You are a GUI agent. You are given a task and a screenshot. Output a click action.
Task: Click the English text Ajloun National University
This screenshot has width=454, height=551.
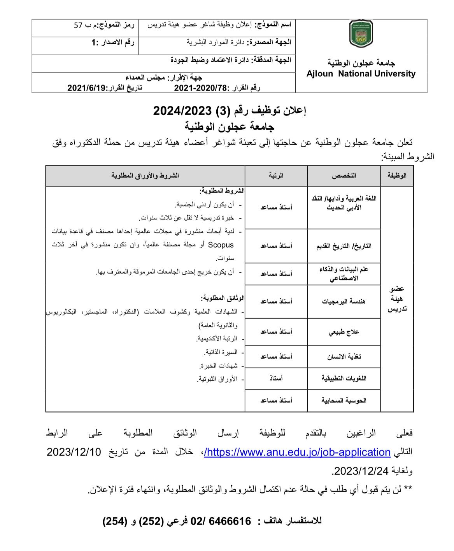point(361,74)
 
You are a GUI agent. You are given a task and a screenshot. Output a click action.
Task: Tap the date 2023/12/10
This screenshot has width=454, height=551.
point(74,452)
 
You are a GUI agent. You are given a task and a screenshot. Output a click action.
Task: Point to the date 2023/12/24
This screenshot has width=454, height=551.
point(361,471)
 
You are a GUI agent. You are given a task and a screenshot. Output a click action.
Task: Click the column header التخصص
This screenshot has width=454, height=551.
point(344,176)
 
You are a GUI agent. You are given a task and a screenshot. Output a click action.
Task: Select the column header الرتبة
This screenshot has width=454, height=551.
point(276,176)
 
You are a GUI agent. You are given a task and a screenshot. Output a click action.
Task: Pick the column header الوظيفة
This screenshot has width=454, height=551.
point(397,176)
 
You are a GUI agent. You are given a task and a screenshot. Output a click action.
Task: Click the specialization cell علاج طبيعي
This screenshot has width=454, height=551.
point(344,332)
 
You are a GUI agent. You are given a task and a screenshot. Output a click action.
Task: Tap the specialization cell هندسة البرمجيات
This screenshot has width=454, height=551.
point(344,301)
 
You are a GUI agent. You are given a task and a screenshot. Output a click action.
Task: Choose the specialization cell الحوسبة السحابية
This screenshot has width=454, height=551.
point(344,400)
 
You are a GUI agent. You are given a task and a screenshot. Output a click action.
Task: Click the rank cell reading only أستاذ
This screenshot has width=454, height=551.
point(276,378)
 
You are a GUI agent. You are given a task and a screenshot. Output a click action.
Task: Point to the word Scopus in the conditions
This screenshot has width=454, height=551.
point(221,245)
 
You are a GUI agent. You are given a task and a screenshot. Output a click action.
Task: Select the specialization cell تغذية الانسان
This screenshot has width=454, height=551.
point(344,357)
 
